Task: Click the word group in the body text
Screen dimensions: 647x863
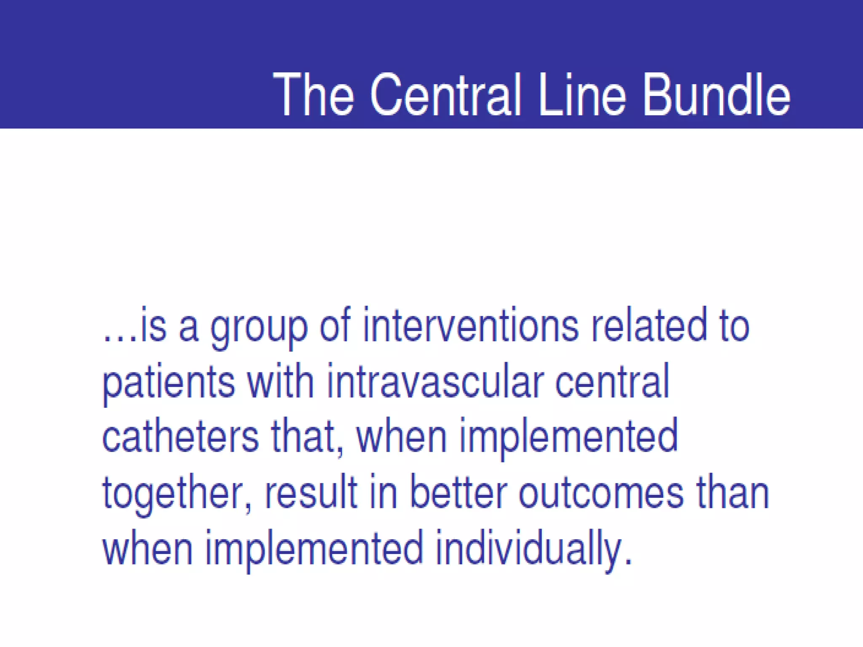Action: (x=259, y=329)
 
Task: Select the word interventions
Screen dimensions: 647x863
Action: (x=471, y=325)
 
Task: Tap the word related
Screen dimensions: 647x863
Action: (x=649, y=325)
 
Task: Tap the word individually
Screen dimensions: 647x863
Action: (x=529, y=549)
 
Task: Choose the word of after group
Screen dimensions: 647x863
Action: (x=335, y=325)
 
